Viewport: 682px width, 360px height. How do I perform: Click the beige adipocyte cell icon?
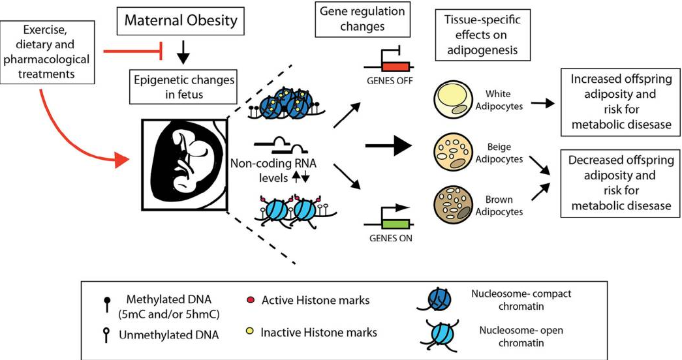point(453,155)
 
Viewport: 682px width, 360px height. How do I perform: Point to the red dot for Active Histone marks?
point(251,300)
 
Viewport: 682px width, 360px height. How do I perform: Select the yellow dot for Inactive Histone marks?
point(251,333)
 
